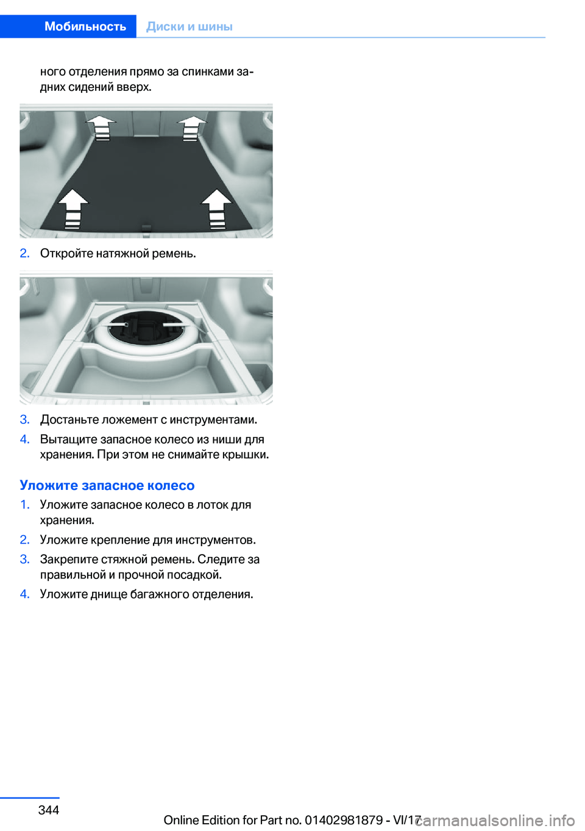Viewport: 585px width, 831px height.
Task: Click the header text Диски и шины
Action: [190, 26]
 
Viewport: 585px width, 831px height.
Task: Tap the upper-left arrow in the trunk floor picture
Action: [101, 128]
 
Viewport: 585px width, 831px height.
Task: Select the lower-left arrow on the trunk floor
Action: [73, 209]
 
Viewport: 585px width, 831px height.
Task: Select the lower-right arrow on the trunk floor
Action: [217, 209]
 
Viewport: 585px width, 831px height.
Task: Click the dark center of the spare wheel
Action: [147, 328]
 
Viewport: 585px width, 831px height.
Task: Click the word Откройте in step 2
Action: [66, 254]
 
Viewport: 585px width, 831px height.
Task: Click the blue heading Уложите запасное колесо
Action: [107, 485]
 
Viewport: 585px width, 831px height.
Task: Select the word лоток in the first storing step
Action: [211, 505]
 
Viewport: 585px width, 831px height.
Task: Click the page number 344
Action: [49, 810]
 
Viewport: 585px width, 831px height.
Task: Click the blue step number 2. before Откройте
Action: [25, 254]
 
